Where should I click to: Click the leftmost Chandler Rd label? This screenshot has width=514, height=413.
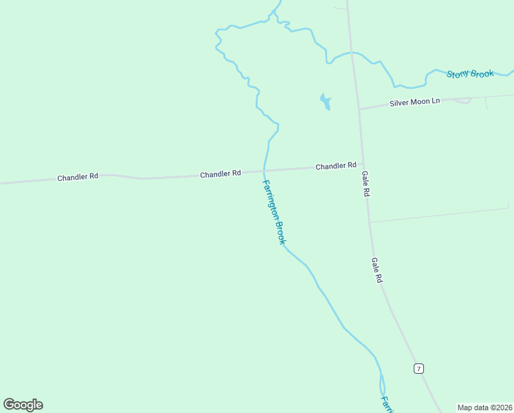click(78, 177)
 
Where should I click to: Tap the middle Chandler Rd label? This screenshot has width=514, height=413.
click(220, 174)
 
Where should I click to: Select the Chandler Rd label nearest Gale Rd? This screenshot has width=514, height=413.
click(335, 166)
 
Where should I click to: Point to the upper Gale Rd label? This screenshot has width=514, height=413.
click(366, 184)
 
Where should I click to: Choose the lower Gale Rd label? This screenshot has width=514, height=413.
click(376, 271)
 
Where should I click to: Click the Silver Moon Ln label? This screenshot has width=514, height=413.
click(414, 102)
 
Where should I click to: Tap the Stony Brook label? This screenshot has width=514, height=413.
click(470, 74)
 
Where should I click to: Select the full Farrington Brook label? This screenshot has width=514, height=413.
click(273, 212)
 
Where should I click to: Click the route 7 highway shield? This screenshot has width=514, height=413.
click(418, 369)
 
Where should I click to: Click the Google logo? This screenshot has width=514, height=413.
click(23, 405)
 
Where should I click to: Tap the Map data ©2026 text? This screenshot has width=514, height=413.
click(484, 407)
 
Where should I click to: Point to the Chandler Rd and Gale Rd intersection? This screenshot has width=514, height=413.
click(362, 165)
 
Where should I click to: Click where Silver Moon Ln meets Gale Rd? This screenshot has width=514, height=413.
click(359, 109)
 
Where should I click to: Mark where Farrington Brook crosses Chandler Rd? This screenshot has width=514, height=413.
click(264, 170)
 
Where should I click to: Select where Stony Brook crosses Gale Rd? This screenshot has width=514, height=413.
click(353, 52)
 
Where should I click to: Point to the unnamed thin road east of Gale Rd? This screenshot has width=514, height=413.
click(440, 215)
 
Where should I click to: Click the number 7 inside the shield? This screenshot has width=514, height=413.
click(418, 369)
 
